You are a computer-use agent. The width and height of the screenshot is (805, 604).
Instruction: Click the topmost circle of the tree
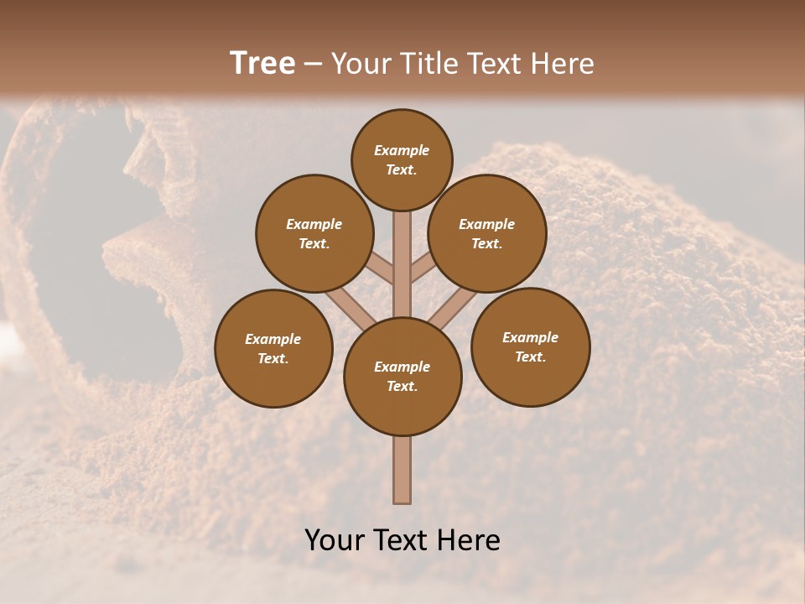coord(402,159)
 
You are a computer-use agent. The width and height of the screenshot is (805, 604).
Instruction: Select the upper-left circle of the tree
coord(314,233)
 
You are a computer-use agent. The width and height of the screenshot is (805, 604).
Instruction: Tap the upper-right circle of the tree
coord(487,233)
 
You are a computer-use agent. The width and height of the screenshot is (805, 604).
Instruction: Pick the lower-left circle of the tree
coord(273,348)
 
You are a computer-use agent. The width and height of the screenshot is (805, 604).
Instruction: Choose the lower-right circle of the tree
coord(531,346)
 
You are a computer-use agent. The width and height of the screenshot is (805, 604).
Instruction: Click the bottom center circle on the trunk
coord(402,377)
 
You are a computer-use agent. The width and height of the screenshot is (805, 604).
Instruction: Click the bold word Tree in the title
coord(262,63)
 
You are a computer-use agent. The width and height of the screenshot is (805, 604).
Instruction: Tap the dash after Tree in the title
coord(313,64)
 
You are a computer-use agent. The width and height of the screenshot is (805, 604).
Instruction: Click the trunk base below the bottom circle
coord(402,470)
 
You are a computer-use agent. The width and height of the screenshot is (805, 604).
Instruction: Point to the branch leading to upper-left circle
coord(380,269)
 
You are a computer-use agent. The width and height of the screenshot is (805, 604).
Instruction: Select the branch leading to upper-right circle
coord(422,268)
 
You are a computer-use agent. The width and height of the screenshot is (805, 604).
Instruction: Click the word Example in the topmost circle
coord(402,150)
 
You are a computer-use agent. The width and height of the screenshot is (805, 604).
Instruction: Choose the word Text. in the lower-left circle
coord(273,358)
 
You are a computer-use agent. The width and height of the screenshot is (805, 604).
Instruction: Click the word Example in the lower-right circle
coord(530,337)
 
